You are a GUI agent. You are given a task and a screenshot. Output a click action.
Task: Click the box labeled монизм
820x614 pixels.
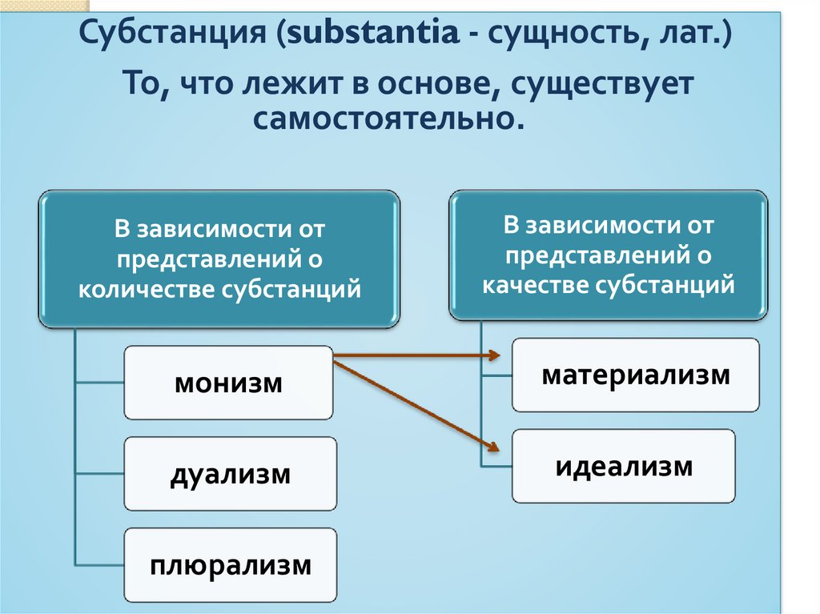[x=228, y=383]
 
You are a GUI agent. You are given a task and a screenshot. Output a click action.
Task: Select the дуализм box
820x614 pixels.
[x=230, y=474]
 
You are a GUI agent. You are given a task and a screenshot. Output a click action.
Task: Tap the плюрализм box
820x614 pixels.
[x=230, y=566]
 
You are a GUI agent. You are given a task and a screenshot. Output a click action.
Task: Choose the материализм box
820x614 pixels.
[x=636, y=375]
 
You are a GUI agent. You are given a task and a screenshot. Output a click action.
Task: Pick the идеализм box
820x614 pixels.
[x=624, y=466]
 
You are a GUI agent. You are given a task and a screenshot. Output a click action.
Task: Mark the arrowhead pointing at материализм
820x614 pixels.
[x=495, y=353]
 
